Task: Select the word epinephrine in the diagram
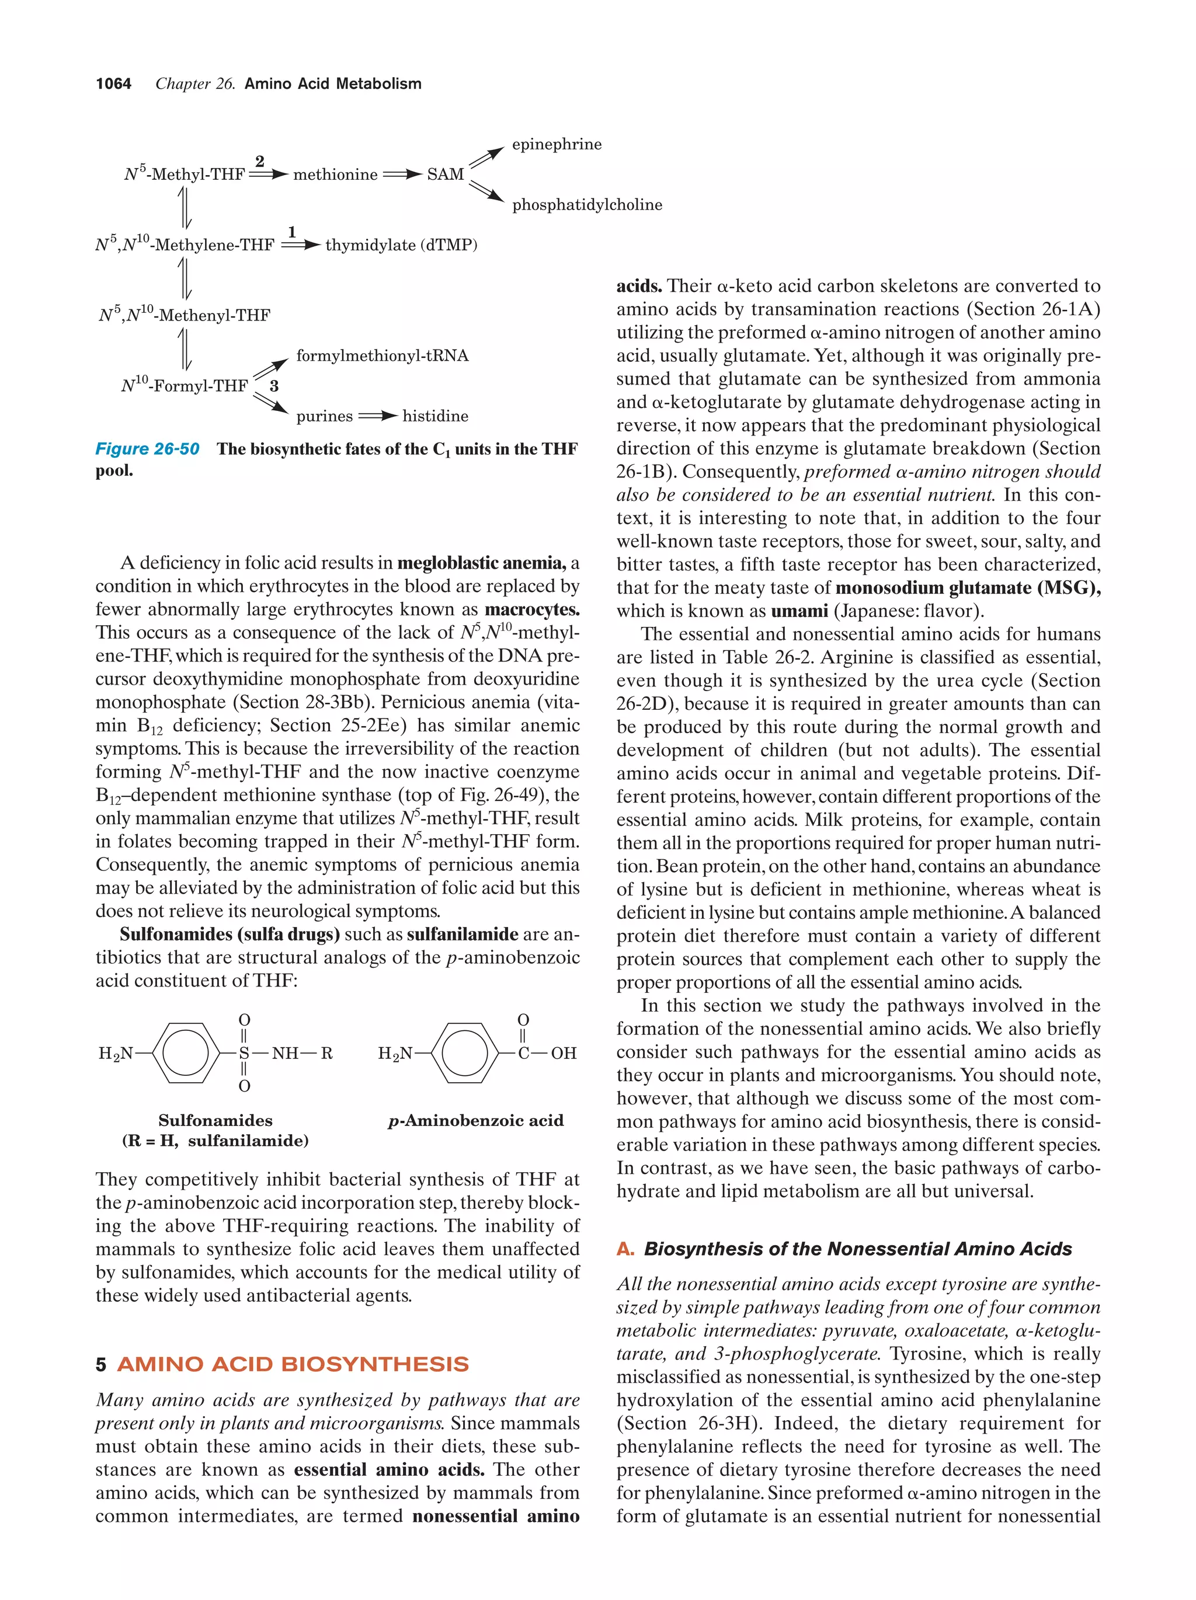click(x=557, y=145)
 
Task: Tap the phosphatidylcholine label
click(x=587, y=205)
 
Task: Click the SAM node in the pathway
click(x=445, y=175)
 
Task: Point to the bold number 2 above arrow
click(x=260, y=161)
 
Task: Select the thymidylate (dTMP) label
click(x=401, y=245)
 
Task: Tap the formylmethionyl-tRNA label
click(x=382, y=356)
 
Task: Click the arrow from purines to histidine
click(x=378, y=417)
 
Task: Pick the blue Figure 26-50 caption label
click(x=147, y=449)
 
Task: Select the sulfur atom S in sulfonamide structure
click(x=244, y=1053)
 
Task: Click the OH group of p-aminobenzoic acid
click(x=564, y=1053)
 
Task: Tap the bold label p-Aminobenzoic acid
click(x=475, y=1120)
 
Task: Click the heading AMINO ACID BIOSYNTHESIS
click(x=293, y=1364)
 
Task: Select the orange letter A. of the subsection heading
click(x=625, y=1249)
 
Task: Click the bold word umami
click(x=799, y=611)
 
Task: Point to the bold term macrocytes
click(x=532, y=610)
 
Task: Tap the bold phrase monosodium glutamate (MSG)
click(x=967, y=588)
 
